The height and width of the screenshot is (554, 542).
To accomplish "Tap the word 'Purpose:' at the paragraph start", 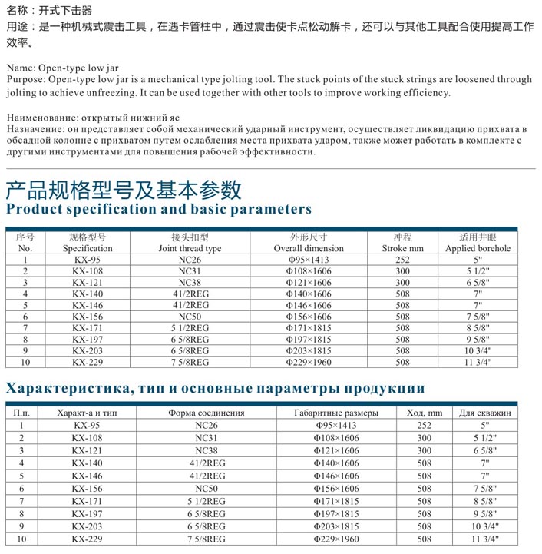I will [25, 80].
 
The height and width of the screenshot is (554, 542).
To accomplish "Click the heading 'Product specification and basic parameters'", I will [159, 209].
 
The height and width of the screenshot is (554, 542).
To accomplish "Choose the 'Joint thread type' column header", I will [190, 249].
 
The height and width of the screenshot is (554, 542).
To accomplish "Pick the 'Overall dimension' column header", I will [309, 249].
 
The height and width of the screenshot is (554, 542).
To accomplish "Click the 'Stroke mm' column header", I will [402, 249].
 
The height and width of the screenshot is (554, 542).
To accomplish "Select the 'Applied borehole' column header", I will [478, 249].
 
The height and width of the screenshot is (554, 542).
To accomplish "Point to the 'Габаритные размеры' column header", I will [336, 413].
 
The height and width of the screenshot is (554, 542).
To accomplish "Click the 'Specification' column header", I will [88, 249].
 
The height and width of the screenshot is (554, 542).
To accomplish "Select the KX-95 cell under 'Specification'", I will [88, 260].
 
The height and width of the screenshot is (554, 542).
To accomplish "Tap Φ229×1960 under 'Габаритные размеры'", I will [336, 539].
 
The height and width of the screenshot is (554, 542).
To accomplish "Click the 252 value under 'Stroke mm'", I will [402, 260].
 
